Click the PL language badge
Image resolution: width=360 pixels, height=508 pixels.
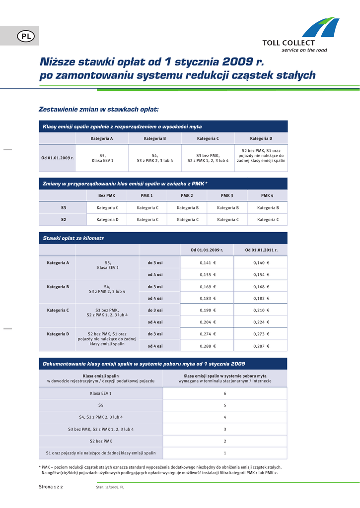click(x=25, y=36)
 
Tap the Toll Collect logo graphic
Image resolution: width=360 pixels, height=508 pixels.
click(x=320, y=28)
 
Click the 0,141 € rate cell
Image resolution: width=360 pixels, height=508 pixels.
click(x=208, y=263)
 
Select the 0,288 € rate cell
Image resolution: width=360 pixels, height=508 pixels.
click(x=208, y=346)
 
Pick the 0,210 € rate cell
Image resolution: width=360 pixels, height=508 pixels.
click(x=261, y=311)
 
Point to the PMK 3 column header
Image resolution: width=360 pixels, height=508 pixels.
click(x=227, y=195)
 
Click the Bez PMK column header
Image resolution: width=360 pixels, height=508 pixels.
click(x=107, y=195)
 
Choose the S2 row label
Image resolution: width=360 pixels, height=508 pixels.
click(x=64, y=219)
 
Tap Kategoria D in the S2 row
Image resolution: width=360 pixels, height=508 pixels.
click(x=107, y=219)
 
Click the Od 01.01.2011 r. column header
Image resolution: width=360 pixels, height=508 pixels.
click(x=261, y=250)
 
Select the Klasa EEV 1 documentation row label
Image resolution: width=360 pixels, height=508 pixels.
click(x=101, y=393)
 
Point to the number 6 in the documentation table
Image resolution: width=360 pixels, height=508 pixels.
click(x=225, y=393)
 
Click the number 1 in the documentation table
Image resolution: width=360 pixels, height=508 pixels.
click(x=225, y=453)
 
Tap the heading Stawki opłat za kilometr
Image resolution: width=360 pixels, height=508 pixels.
click(x=73, y=239)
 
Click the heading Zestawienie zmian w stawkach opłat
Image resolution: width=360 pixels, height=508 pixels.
click(x=99, y=109)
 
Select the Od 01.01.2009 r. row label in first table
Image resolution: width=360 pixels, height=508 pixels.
click(x=58, y=158)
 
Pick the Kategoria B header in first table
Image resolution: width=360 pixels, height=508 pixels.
click(x=154, y=138)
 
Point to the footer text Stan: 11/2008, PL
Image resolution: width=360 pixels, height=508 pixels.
click(x=110, y=487)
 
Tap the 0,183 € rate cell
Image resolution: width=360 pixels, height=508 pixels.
click(x=208, y=299)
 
